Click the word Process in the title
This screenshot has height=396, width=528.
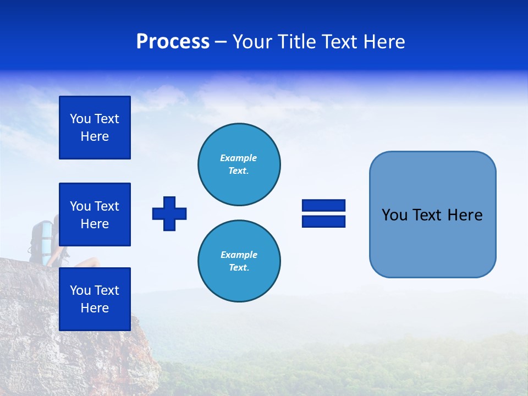pyautogui.click(x=173, y=42)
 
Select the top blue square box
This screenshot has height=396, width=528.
pyautogui.click(x=95, y=128)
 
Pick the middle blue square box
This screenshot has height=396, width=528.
pyautogui.click(x=95, y=215)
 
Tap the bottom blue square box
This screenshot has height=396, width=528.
pyautogui.click(x=95, y=299)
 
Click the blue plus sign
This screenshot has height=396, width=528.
pyautogui.click(x=169, y=213)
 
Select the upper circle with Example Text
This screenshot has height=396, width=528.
pyautogui.click(x=239, y=164)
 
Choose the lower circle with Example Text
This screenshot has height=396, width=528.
pyautogui.click(x=239, y=261)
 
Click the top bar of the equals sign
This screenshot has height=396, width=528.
pyautogui.click(x=323, y=206)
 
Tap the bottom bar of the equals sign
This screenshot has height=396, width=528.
pyautogui.click(x=323, y=221)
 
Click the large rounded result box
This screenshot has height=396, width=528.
pyautogui.click(x=432, y=242)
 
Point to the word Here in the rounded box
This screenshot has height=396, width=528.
pyautogui.click(x=465, y=215)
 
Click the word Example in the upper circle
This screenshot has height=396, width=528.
pyautogui.click(x=239, y=158)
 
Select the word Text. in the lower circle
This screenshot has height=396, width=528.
pyautogui.click(x=239, y=268)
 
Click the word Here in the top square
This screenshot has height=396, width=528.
pyautogui.click(x=95, y=136)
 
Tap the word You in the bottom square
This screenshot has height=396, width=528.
pyautogui.click(x=80, y=290)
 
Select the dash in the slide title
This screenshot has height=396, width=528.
pyautogui.click(x=221, y=42)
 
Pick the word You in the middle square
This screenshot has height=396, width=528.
pyautogui.click(x=80, y=206)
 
